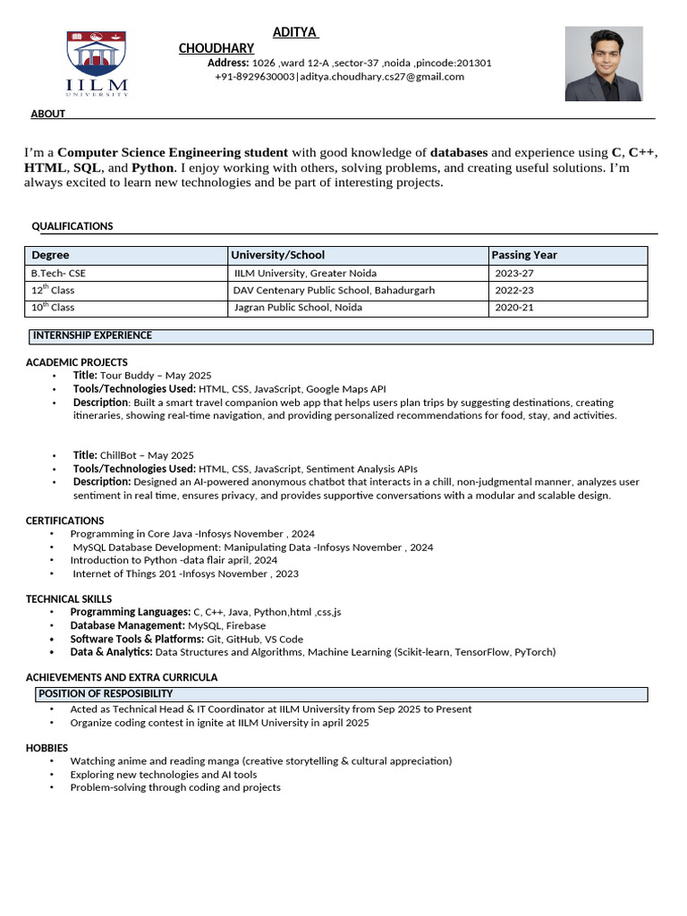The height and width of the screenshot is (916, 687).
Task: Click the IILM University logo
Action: coord(97,64)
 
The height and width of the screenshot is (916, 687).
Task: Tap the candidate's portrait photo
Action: coord(603,64)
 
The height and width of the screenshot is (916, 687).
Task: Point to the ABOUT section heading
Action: coord(47,114)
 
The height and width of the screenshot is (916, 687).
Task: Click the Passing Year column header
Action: coord(524,255)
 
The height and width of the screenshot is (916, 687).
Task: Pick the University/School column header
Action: coord(278,255)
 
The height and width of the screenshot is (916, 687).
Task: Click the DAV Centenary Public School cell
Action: coord(334,290)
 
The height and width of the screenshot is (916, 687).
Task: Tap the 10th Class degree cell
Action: coord(53,308)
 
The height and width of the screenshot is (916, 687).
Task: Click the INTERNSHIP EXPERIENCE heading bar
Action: coord(340,336)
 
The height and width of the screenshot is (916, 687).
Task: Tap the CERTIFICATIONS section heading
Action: coord(64,521)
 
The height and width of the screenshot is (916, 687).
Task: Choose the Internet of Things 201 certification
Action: coord(185,573)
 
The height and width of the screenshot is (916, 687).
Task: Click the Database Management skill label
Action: coord(128,626)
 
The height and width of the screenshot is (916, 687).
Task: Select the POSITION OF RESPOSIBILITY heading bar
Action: coord(341,694)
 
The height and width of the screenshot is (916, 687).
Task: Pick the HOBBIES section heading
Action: coord(47,748)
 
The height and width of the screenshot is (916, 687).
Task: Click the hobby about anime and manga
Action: coord(260,761)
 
